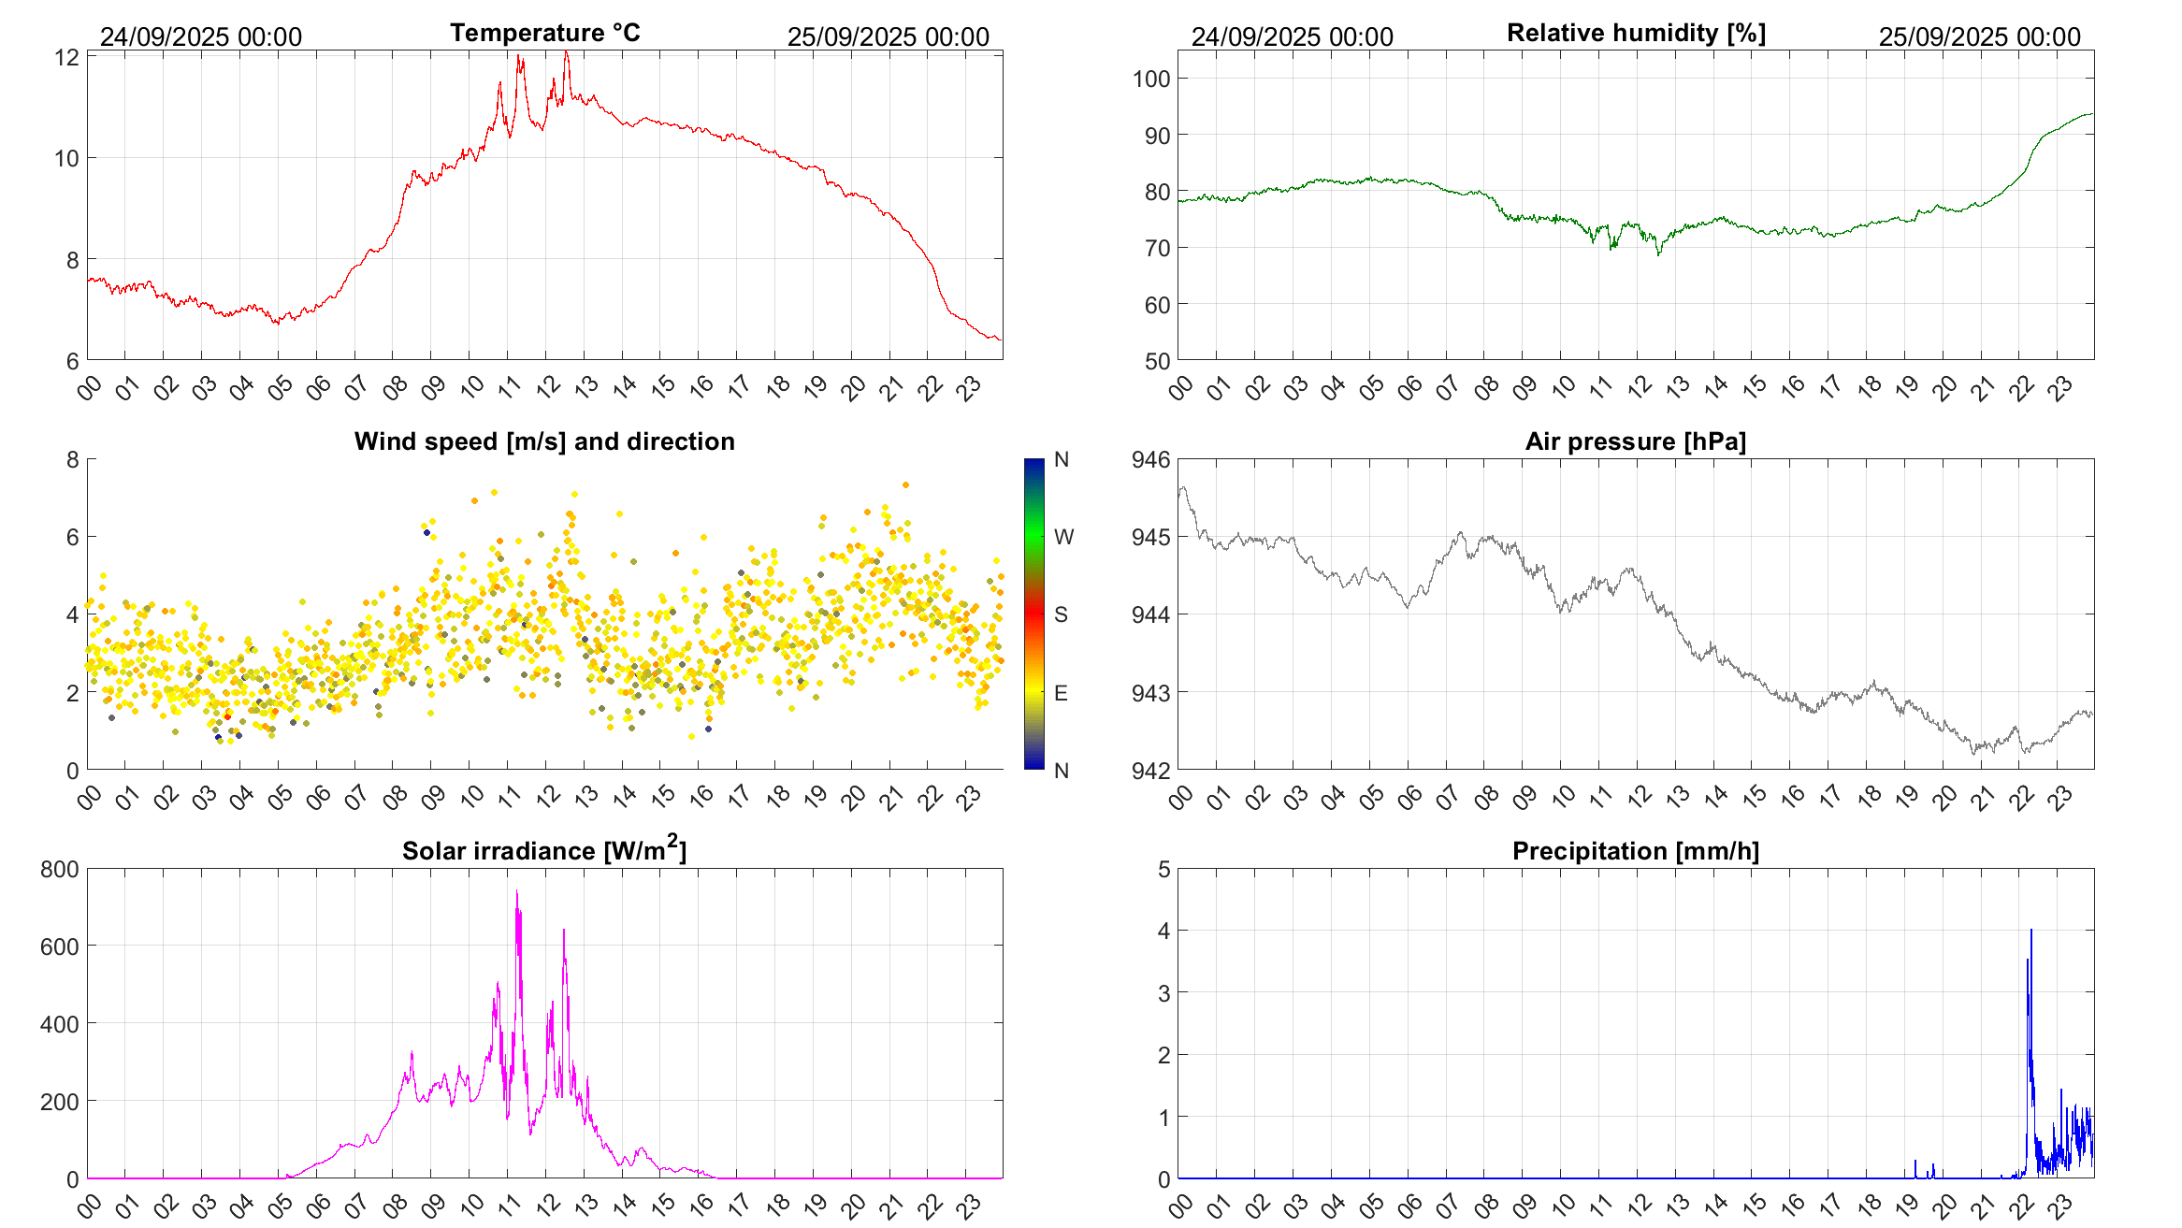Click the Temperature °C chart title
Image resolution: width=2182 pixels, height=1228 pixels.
tap(544, 34)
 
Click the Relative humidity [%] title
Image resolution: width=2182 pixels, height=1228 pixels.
tap(1636, 34)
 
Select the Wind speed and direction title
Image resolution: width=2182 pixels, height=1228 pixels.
tap(544, 441)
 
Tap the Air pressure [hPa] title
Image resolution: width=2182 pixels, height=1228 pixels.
tap(1636, 441)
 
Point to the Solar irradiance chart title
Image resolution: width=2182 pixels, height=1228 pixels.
tap(544, 850)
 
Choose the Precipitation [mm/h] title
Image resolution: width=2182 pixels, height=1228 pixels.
tap(1636, 851)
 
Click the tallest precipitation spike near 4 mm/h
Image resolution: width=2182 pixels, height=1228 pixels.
tap(2031, 932)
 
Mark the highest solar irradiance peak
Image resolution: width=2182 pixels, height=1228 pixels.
tap(517, 892)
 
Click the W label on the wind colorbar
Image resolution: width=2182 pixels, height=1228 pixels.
tap(1063, 537)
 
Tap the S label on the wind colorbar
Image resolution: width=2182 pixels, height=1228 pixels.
tap(1061, 614)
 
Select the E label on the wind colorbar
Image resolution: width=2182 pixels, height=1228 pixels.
tap(1061, 693)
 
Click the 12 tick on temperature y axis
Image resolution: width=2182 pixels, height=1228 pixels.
tap(66, 57)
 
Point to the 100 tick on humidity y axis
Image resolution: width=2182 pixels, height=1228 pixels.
tap(1151, 79)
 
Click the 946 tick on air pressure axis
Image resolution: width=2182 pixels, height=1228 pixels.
tap(1151, 459)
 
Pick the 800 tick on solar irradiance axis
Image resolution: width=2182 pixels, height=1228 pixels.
tap(60, 869)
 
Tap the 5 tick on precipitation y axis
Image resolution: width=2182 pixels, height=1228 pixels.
tap(1163, 869)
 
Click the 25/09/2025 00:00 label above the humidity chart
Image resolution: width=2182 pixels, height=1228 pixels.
tap(1980, 36)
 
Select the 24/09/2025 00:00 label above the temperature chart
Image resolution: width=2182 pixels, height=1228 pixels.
tap(201, 36)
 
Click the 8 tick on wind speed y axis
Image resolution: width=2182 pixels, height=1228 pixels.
tap(73, 459)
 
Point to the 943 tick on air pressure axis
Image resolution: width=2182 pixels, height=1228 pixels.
tap(1151, 693)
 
